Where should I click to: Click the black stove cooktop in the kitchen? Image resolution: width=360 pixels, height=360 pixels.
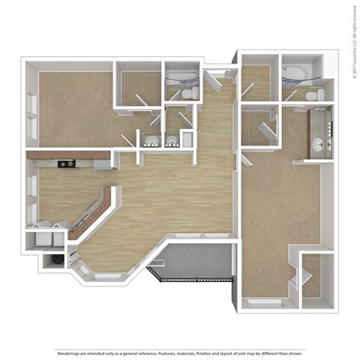point(65,163)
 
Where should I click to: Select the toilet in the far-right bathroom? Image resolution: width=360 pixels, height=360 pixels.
point(318,94)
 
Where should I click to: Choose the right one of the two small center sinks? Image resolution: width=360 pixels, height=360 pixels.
point(172,139)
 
